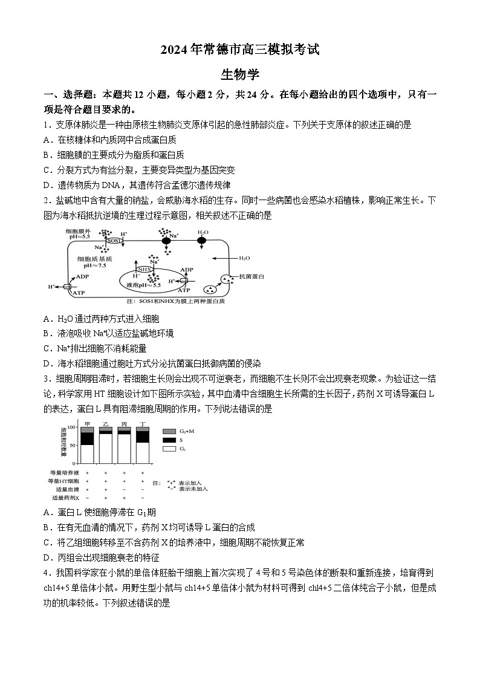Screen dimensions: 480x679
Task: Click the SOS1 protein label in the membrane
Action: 114,241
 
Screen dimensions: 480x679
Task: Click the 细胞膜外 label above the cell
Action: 79,232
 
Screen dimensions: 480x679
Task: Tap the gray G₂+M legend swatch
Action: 169,431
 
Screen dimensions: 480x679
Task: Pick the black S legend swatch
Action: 169,440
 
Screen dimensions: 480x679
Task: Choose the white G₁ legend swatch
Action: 169,449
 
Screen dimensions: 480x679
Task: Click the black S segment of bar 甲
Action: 88,438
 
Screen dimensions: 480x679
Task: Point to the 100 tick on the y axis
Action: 73,427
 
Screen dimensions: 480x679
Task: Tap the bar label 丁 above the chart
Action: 143,423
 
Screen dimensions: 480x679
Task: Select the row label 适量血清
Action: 67,489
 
